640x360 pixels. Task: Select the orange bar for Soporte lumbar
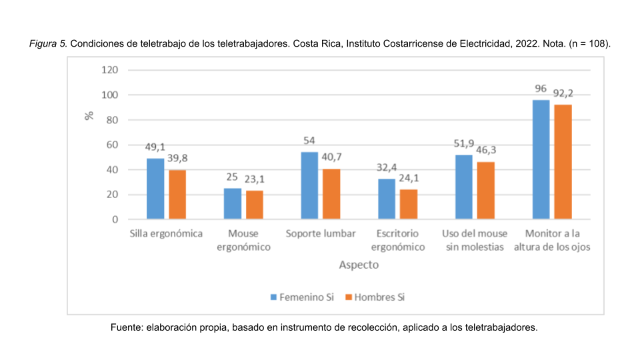332,194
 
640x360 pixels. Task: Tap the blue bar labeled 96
541,159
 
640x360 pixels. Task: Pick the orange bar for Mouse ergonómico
255,205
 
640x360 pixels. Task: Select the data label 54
309,141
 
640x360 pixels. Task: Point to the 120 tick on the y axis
110,70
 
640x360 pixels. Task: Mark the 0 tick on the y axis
115,219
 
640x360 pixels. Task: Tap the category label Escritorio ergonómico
398,241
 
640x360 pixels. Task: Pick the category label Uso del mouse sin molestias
475,241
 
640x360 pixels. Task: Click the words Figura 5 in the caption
48,43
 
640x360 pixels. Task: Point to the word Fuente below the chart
125,328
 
